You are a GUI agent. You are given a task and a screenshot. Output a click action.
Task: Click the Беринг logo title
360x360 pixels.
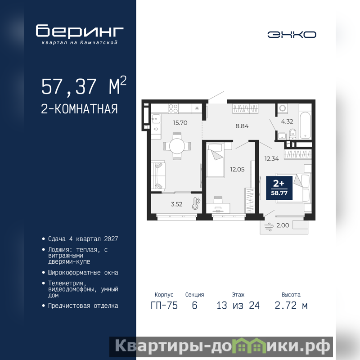pos(80,31)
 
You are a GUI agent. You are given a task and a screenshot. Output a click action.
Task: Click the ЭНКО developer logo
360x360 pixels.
pos(292,35)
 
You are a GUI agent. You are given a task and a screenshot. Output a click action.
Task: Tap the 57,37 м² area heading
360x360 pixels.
pos(84,85)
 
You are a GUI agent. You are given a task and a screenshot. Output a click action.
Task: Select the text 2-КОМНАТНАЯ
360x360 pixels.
pos(79,109)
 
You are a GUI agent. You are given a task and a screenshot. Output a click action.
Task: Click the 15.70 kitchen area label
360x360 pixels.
pos(180,123)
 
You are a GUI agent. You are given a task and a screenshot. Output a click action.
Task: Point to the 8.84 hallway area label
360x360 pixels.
pos(242,126)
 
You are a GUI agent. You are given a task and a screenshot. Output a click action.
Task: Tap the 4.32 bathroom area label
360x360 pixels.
pos(287,121)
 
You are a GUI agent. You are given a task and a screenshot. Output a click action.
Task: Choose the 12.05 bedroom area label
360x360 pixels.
pos(238,170)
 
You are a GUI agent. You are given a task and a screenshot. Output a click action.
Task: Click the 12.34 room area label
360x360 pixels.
pos(272,158)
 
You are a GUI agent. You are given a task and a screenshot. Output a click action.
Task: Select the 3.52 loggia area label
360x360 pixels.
pos(176,204)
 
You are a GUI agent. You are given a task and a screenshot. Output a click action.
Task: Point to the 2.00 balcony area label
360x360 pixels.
pos(283,225)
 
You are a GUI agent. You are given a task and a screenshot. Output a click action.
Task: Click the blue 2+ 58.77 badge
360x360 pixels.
pos(279,188)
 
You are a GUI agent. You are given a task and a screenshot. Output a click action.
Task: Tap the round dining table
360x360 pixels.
pos(177,146)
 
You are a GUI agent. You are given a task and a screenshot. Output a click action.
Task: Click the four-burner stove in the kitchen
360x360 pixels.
pos(173,108)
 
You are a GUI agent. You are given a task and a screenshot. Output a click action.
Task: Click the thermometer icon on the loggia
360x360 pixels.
pos(196,203)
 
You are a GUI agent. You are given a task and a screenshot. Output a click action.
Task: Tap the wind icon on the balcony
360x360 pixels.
pos(269,227)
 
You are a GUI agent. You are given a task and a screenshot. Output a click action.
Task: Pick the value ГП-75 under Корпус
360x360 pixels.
pos(164,306)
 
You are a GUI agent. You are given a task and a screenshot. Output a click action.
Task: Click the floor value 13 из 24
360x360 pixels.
pos(238,306)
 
